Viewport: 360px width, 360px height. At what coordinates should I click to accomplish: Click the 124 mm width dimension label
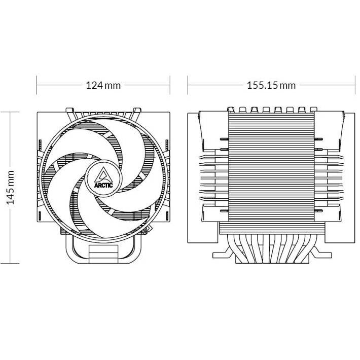pos(103,85)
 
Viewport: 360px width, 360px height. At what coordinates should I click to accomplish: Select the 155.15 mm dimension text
pos(271,85)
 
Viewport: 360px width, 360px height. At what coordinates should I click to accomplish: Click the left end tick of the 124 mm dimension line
pos(37,85)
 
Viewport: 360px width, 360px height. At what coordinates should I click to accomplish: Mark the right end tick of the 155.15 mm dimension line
pos(354,85)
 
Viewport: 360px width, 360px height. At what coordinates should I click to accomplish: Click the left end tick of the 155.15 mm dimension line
pos(188,85)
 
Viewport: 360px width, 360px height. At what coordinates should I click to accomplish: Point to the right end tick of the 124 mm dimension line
pos(170,85)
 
